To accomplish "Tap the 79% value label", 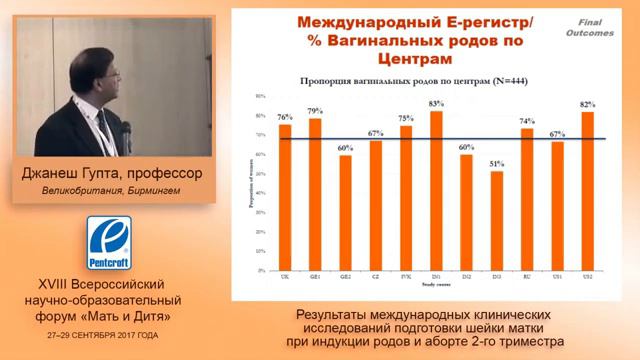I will pyautogui.click(x=315, y=110).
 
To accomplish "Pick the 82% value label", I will pyautogui.click(x=587, y=104).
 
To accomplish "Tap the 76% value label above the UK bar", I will pyautogui.click(x=285, y=117).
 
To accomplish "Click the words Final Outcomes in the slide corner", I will pyautogui.click(x=597, y=26).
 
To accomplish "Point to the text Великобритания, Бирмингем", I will pyautogui.click(x=111, y=191).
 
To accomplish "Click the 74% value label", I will pyautogui.click(x=527, y=120).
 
